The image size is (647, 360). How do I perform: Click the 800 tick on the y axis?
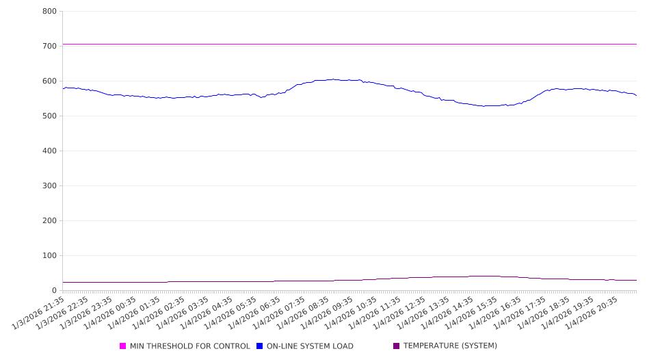pyautogui.click(x=49, y=12)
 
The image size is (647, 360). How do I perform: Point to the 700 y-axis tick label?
pyautogui.click(x=49, y=47)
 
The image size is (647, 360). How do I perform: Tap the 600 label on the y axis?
pyautogui.click(x=49, y=81)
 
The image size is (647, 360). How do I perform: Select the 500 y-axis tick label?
pyautogui.click(x=49, y=116)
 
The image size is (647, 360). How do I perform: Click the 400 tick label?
pyautogui.click(x=49, y=151)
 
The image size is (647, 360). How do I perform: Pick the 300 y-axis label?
pyautogui.click(x=49, y=186)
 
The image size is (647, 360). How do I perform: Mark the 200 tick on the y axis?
pyautogui.click(x=49, y=221)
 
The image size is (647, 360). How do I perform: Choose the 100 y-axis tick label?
pyautogui.click(x=49, y=256)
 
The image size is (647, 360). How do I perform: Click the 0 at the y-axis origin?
pyautogui.click(x=55, y=291)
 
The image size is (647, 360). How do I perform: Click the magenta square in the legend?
pyautogui.click(x=123, y=346)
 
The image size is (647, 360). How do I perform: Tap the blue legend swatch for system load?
pyautogui.click(x=260, y=346)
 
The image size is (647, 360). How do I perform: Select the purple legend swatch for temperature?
pyautogui.click(x=397, y=346)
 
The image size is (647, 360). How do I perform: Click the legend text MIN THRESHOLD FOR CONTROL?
pyautogui.click(x=190, y=346)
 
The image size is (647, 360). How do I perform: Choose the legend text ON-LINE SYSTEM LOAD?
pyautogui.click(x=310, y=346)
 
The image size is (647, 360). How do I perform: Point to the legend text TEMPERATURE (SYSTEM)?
pyautogui.click(x=450, y=346)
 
